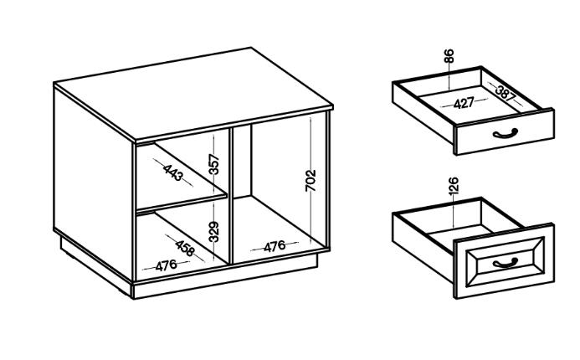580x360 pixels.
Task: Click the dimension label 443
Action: (172, 172)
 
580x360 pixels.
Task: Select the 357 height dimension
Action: (213, 164)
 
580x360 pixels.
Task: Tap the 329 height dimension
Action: (213, 232)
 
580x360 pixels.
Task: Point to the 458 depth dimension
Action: (185, 248)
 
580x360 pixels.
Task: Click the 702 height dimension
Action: (311, 180)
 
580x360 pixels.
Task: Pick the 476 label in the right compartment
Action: (275, 246)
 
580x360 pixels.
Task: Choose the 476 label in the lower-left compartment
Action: (166, 265)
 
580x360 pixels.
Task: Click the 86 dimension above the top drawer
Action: (449, 56)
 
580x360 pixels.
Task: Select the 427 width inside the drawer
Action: (464, 103)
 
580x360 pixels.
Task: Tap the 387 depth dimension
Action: (506, 93)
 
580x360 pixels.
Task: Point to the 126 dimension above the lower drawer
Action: (454, 186)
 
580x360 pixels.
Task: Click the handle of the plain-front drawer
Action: (506, 133)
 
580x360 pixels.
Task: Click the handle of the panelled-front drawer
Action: (506, 263)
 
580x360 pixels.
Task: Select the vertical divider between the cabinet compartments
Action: (231, 195)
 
